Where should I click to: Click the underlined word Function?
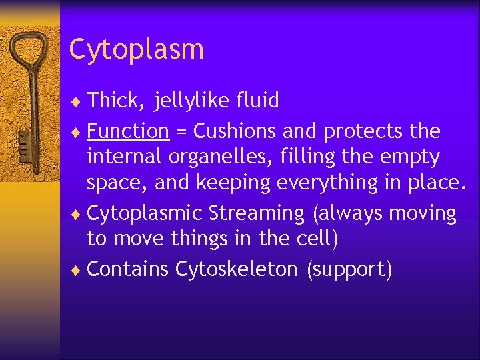coord(128,131)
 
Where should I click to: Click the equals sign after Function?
coord(181,132)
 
